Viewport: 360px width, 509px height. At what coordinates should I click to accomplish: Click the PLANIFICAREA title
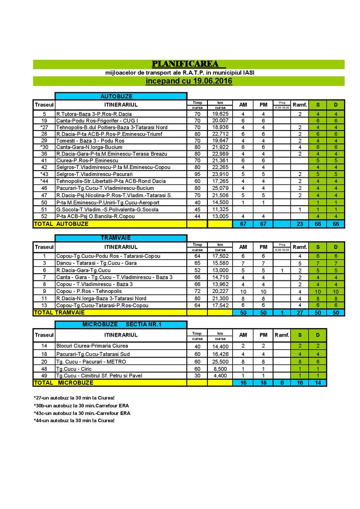click(x=188, y=63)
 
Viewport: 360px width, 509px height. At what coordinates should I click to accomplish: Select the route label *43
click(x=44, y=174)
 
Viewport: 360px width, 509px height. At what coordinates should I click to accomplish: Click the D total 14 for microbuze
click(x=317, y=383)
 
